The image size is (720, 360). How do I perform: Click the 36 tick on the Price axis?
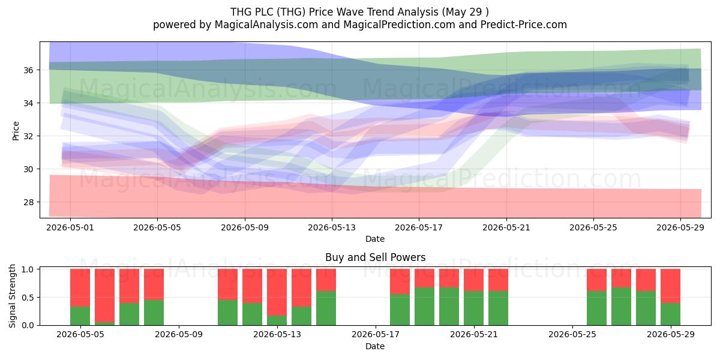[28, 70]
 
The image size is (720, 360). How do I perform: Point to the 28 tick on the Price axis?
[28, 202]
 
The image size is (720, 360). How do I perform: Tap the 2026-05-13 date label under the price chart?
[332, 227]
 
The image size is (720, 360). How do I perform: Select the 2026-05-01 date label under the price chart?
[70, 227]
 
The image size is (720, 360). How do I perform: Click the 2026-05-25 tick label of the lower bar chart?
[572, 335]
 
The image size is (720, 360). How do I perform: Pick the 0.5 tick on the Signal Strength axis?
[28, 298]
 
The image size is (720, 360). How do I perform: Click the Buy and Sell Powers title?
[375, 257]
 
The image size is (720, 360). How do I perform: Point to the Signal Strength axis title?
[12, 296]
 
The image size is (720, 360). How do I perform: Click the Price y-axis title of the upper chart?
[16, 131]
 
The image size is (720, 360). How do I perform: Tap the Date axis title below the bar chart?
[375, 346]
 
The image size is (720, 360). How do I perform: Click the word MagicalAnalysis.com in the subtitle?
[266, 25]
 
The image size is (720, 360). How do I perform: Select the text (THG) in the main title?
[291, 12]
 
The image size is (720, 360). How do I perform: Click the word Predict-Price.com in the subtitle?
[524, 25]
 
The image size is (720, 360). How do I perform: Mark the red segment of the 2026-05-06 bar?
[104, 296]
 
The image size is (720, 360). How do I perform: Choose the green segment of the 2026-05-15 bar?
[326, 308]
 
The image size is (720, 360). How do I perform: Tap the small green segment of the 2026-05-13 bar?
[277, 320]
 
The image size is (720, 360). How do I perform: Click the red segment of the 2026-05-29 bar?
[670, 286]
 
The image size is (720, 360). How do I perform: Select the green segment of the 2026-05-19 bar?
[424, 307]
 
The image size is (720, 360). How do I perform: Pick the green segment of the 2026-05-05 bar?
[80, 316]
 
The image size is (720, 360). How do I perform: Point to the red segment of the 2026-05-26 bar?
[596, 280]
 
